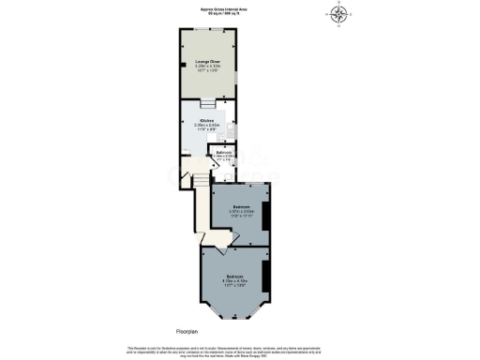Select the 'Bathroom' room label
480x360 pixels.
223,152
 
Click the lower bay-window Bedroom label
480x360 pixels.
235,276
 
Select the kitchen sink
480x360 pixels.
232,131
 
